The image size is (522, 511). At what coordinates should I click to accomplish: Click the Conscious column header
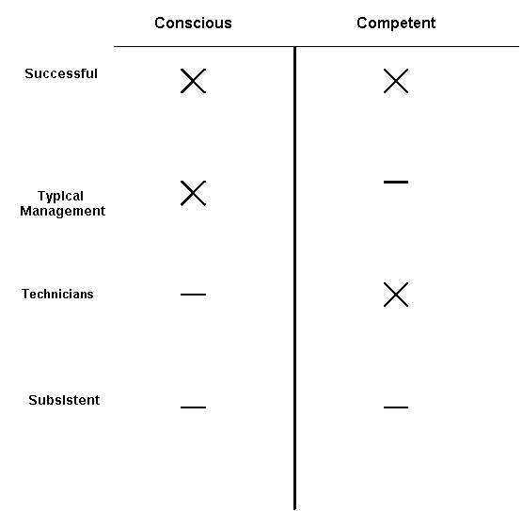[x=193, y=23]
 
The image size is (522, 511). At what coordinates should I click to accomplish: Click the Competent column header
[x=396, y=24]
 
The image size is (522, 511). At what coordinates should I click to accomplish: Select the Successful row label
[x=61, y=73]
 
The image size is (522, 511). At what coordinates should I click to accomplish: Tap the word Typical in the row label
[x=60, y=196]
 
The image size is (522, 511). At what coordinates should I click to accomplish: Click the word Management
[x=63, y=211]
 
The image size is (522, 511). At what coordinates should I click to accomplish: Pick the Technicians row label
[x=57, y=295]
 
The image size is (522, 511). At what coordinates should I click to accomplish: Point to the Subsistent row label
[x=64, y=400]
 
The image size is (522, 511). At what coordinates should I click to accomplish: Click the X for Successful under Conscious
[x=193, y=81]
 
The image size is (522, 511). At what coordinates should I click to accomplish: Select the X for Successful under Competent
[x=396, y=81]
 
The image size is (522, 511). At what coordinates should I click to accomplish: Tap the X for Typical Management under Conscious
[x=193, y=193]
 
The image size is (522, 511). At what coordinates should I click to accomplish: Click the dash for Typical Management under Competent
[x=396, y=182]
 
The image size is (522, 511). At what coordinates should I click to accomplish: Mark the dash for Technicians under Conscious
[x=193, y=295]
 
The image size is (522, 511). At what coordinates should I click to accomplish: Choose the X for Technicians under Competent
[x=396, y=295]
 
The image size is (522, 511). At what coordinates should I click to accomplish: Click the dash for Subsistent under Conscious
[x=193, y=407]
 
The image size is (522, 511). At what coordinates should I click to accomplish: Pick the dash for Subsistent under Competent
[x=396, y=407]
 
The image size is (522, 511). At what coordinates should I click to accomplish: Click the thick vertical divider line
[x=294, y=279]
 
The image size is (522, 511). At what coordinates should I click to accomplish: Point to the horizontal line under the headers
[x=316, y=46]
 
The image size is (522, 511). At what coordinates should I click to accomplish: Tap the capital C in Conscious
[x=160, y=23]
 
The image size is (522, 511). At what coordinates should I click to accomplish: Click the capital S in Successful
[x=29, y=73]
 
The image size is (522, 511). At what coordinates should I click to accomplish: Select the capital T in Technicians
[x=26, y=295]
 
